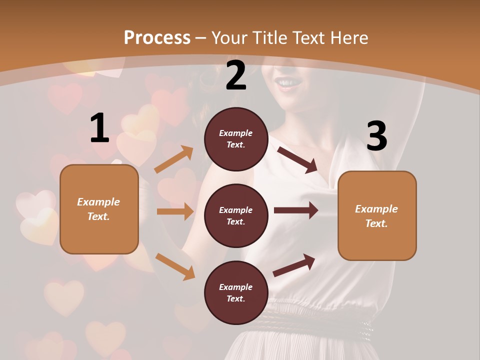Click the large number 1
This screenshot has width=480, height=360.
coord(99,128)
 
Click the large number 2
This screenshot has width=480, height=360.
coord(236,76)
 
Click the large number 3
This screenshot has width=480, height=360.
coord(376,136)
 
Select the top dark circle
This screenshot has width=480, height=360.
coord(236,139)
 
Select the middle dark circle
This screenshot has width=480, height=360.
coord(236,215)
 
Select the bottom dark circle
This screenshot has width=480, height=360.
coord(236,292)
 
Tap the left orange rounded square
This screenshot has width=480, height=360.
coord(99,209)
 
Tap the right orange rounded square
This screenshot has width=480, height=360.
coord(377,215)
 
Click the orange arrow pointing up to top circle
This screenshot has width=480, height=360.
coord(174,159)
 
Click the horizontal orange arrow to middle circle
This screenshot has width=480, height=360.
coord(175,211)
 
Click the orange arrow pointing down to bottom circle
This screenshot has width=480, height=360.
coord(175,266)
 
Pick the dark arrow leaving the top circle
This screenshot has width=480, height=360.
coord(297,159)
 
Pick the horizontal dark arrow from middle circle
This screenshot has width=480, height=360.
coord(295,210)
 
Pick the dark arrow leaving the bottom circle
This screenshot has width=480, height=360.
coord(294,265)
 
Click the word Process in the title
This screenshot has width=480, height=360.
coord(157,37)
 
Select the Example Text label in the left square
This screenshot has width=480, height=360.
coord(98,209)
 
